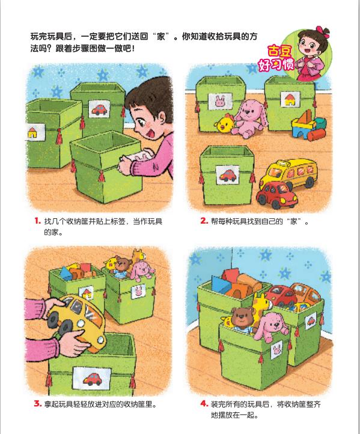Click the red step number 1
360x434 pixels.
click(x=37, y=221)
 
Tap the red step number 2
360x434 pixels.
click(x=204, y=221)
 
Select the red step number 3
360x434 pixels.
click(x=37, y=403)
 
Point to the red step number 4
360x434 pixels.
click(x=204, y=403)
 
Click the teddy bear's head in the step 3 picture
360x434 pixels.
click(x=123, y=264)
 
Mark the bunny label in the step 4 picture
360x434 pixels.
click(x=276, y=350)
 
